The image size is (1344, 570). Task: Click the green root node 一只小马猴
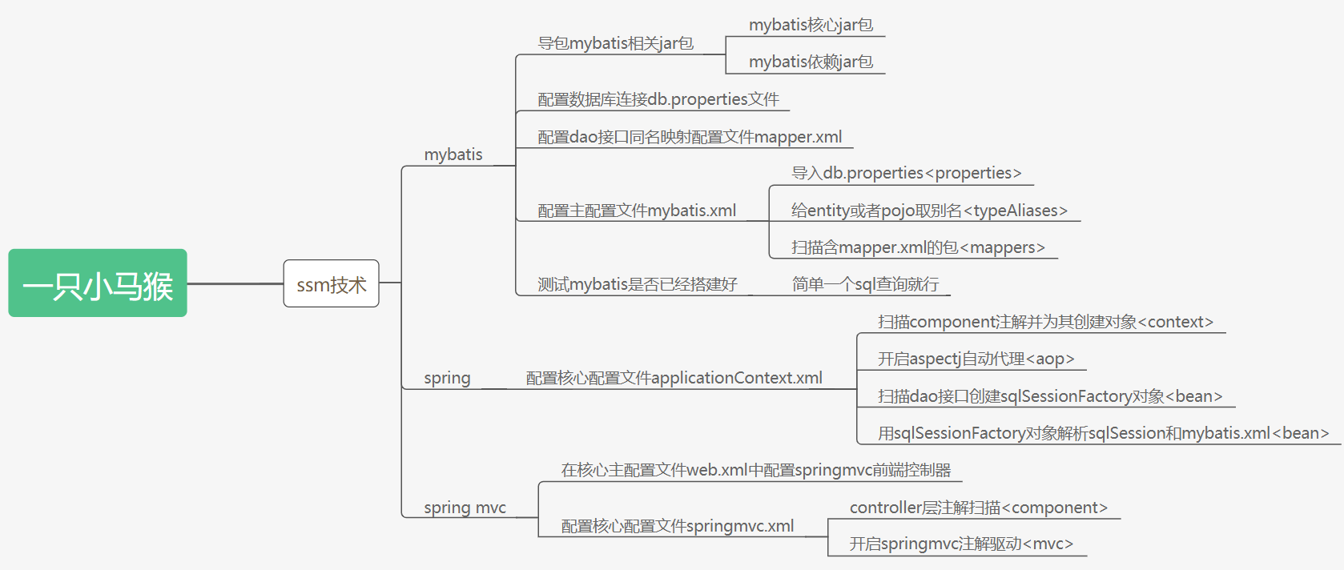point(98,283)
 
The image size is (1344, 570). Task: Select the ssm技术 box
point(331,283)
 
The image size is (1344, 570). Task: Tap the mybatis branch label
point(453,155)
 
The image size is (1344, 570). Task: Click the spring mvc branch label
point(465,508)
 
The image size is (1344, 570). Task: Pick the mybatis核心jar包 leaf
point(811,25)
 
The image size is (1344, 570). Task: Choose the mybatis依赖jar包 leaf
point(811,62)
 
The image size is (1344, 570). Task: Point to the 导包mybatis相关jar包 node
point(615,43)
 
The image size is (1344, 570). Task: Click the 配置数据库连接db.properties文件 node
point(658,99)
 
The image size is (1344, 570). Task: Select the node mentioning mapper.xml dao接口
point(690,137)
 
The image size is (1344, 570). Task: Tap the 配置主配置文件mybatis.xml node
point(637,211)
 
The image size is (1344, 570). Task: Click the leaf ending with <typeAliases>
point(929,211)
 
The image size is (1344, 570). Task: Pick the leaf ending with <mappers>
point(918,247)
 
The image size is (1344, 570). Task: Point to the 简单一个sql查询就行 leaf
point(865,284)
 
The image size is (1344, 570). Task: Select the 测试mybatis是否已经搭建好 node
point(638,284)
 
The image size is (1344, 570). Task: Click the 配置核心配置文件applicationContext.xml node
point(674,378)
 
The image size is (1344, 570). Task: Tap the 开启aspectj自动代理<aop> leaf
point(976,359)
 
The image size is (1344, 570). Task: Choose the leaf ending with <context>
point(1045,322)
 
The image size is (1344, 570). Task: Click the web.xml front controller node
point(756,470)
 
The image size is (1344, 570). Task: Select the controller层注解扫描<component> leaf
point(978,508)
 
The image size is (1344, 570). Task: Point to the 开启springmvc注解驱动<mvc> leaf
point(961,544)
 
